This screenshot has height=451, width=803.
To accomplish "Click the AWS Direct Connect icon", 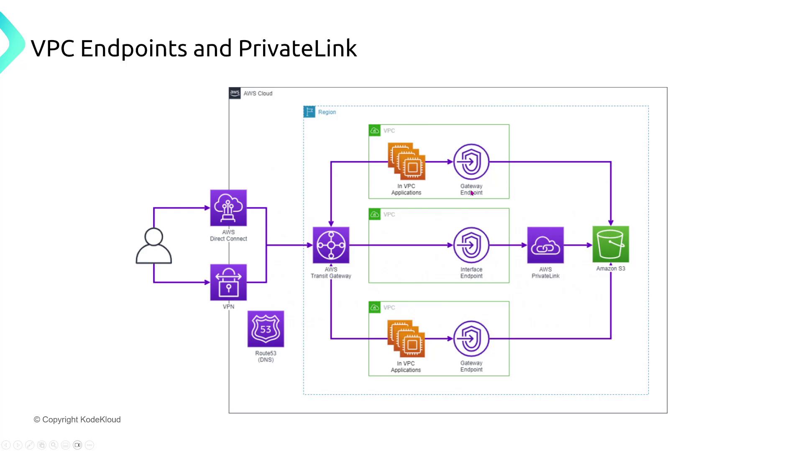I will [x=228, y=208].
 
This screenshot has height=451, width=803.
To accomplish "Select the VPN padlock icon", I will [x=228, y=282].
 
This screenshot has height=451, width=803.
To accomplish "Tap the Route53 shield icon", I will [x=266, y=329].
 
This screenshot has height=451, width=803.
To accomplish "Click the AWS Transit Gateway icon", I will [x=331, y=245].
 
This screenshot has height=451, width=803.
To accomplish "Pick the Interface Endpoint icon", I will [x=471, y=245].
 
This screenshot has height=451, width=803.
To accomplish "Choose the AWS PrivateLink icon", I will [x=545, y=245].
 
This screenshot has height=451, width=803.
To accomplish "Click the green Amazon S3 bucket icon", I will [x=611, y=244].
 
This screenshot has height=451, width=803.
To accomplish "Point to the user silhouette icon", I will [x=153, y=246].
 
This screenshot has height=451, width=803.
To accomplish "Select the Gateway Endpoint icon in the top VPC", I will [x=471, y=162].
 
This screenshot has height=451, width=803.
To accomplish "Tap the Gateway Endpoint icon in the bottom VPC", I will [x=471, y=339].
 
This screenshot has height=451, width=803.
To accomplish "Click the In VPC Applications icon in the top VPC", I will [x=407, y=162].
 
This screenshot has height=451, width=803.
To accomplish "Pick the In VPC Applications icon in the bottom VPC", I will [x=406, y=339].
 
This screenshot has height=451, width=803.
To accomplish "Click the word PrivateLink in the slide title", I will [x=297, y=48].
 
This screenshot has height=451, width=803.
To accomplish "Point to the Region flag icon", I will [x=309, y=112].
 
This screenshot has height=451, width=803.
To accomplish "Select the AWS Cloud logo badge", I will [x=235, y=93].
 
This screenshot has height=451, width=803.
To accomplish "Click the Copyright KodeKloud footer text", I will [x=77, y=420].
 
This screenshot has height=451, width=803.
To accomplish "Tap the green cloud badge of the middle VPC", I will [x=375, y=215].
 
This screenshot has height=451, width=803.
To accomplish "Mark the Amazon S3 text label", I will [x=611, y=269].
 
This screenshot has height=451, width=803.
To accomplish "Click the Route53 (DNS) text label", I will [x=266, y=356].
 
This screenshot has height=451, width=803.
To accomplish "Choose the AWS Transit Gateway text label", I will [x=331, y=273].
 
